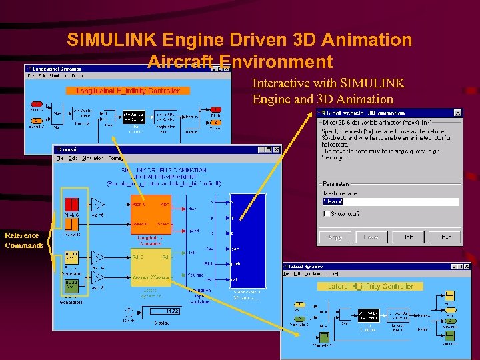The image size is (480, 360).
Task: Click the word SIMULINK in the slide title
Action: [108, 40]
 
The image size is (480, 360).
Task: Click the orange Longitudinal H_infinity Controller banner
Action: [127, 91]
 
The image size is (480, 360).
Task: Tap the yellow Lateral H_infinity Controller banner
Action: [370, 287]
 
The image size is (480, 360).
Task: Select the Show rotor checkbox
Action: [327, 213]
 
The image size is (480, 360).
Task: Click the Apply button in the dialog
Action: [335, 237]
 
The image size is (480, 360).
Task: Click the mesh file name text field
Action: [391, 201]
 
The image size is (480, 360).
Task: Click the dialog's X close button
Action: [457, 113]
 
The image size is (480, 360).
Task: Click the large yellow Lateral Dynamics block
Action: [150, 267]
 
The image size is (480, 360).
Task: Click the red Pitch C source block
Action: [72, 204]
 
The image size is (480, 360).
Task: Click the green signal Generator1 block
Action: [72, 287]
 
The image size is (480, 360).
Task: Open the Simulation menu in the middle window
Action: [93, 158]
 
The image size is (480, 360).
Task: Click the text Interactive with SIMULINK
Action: [328, 83]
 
